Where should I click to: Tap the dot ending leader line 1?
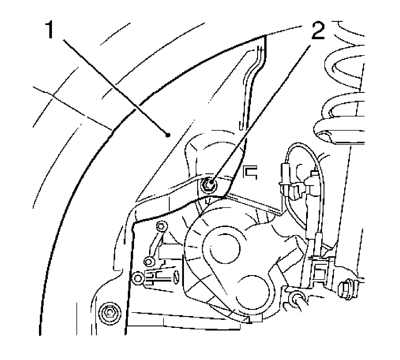coord(168,135)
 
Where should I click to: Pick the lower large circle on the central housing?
coord(254,290)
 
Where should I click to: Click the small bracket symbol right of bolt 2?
coord(250,173)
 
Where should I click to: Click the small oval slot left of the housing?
coord(176,276)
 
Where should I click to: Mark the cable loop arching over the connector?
coord(304,147)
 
